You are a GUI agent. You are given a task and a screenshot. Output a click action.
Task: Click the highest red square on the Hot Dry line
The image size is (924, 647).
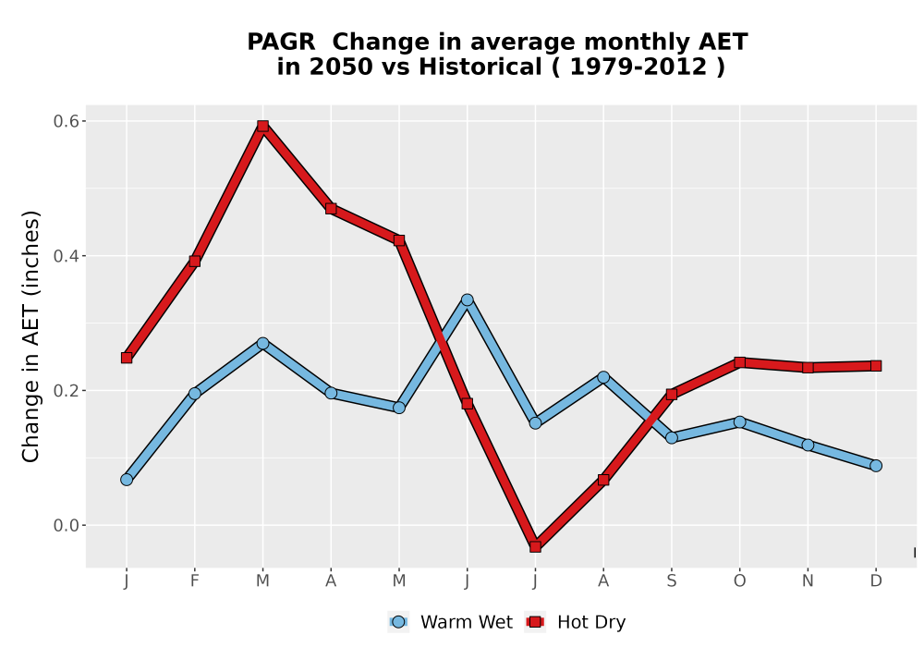(262, 126)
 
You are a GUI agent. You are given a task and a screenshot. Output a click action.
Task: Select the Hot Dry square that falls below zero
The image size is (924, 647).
(535, 546)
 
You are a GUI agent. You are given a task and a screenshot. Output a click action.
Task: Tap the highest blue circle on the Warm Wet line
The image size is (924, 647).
(468, 299)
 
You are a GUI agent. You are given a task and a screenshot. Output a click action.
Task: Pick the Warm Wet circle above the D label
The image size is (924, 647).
(876, 466)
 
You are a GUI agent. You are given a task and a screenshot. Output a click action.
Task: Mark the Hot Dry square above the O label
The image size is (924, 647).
(739, 362)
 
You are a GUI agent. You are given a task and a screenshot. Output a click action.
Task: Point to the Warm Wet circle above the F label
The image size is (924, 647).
(194, 393)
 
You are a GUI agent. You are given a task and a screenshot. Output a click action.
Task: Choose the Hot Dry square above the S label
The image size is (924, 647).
(671, 394)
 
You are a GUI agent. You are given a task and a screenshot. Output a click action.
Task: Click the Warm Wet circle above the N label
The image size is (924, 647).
(808, 445)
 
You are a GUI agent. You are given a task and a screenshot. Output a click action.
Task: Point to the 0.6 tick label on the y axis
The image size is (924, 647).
(66, 121)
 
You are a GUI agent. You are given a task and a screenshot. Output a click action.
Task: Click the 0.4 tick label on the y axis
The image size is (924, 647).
(66, 256)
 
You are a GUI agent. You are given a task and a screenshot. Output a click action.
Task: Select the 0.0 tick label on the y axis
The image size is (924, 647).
(66, 525)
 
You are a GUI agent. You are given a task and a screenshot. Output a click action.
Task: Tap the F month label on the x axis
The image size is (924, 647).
(194, 581)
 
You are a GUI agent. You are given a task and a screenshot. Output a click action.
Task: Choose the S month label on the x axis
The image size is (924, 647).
(671, 581)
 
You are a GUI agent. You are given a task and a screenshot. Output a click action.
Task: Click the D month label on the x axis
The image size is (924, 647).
(876, 581)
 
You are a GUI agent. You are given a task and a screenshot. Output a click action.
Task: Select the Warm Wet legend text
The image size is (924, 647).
(466, 622)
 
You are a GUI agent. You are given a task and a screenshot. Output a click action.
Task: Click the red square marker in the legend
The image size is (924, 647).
(536, 622)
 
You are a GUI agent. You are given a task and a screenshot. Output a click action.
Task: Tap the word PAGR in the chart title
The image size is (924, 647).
(281, 43)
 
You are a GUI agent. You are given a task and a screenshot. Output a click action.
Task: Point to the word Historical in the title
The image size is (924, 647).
(480, 67)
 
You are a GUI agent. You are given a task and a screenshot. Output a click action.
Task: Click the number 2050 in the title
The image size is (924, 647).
(341, 67)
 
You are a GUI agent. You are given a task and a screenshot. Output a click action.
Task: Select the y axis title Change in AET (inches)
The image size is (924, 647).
(30, 336)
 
